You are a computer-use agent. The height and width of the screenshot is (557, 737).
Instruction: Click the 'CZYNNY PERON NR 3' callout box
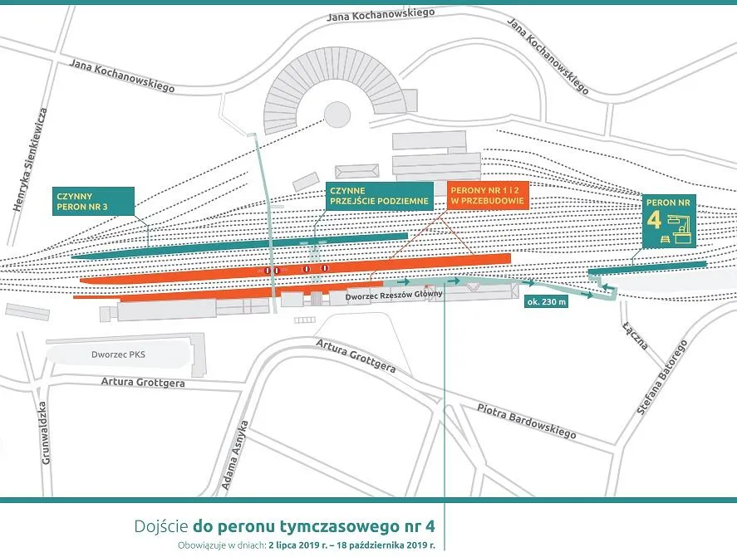(x=91, y=201)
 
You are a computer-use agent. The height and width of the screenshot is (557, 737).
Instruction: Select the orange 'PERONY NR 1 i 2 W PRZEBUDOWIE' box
(x=487, y=196)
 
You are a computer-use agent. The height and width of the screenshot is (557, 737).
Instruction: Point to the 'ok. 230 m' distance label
(x=547, y=302)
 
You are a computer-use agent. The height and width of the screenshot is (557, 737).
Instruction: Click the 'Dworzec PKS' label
(x=119, y=354)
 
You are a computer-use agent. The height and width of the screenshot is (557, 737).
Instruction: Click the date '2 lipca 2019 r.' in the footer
(x=306, y=545)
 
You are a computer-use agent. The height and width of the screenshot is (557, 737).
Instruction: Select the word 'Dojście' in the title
(x=160, y=526)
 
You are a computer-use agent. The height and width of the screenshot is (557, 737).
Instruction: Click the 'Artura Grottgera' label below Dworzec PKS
(x=142, y=383)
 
